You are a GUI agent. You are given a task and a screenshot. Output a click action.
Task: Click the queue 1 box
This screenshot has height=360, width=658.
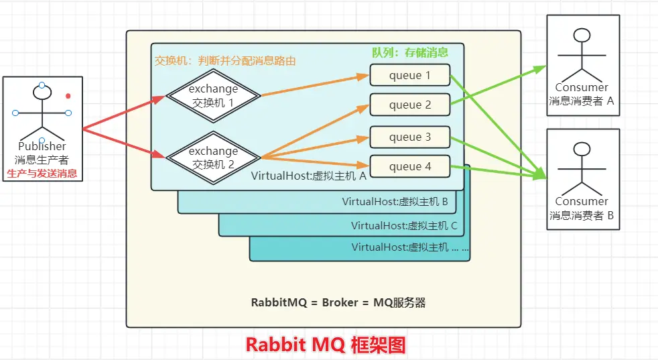tap(409, 75)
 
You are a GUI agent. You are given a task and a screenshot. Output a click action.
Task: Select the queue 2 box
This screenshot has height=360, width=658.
tap(409, 105)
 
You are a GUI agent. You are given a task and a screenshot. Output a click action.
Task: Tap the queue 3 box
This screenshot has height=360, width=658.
tap(409, 137)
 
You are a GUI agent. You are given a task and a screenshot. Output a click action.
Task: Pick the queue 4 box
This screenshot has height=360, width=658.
tap(409, 167)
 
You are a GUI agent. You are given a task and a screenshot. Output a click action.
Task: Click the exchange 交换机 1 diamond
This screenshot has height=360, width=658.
tap(212, 96)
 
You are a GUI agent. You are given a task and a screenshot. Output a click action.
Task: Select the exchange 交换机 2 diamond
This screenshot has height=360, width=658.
tap(212, 158)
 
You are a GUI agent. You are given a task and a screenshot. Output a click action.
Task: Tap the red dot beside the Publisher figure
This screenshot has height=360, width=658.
tap(68, 97)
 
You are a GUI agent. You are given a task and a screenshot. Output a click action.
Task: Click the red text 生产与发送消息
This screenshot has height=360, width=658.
tap(42, 174)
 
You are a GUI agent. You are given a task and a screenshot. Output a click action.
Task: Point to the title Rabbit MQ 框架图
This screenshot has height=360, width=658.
tap(326, 345)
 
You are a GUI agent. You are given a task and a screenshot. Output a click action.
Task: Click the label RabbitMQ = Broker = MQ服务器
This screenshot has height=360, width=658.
tap(338, 302)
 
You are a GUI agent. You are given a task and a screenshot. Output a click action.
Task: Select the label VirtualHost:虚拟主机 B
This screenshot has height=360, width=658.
tap(395, 201)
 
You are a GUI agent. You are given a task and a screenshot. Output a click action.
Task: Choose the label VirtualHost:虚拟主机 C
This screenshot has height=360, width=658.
tap(403, 225)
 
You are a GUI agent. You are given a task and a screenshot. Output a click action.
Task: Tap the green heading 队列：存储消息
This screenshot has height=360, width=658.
tap(410, 52)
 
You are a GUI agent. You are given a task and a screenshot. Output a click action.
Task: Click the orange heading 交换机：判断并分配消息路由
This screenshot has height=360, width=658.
tap(225, 60)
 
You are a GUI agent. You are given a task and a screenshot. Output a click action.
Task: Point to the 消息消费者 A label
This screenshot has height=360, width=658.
tap(582, 101)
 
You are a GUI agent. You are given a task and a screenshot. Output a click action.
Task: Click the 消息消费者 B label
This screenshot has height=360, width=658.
tap(582, 215)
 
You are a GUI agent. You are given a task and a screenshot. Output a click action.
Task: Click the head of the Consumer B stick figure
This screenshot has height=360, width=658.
tap(582, 148)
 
